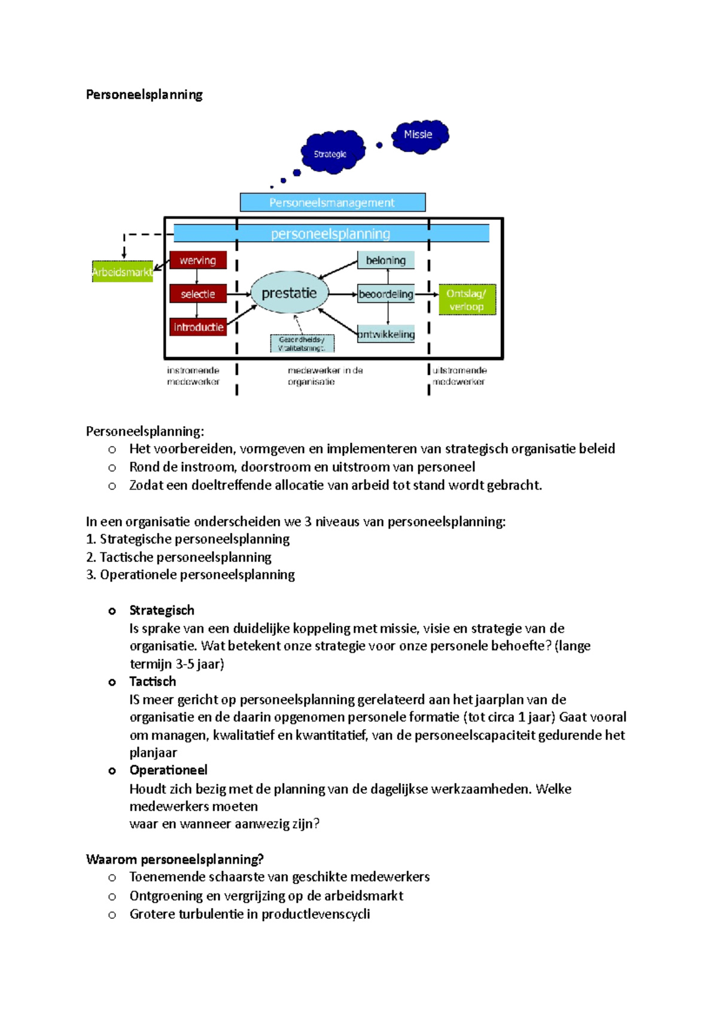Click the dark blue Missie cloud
(x=419, y=136)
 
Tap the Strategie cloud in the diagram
(x=332, y=153)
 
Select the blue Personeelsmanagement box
(x=332, y=203)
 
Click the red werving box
(x=198, y=261)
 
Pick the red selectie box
(x=198, y=294)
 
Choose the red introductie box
(x=198, y=327)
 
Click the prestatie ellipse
(x=290, y=293)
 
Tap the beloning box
(x=386, y=261)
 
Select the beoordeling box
(x=386, y=294)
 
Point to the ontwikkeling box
(x=386, y=334)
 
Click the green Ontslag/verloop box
(x=467, y=300)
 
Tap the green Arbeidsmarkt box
(x=122, y=272)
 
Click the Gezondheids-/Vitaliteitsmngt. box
(x=302, y=344)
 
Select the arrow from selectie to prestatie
(x=239, y=294)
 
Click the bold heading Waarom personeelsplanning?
(x=175, y=860)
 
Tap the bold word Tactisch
(x=153, y=681)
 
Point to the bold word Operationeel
(x=168, y=770)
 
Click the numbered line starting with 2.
(x=179, y=557)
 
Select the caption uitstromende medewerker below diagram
(x=459, y=376)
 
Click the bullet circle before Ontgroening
(x=112, y=897)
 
